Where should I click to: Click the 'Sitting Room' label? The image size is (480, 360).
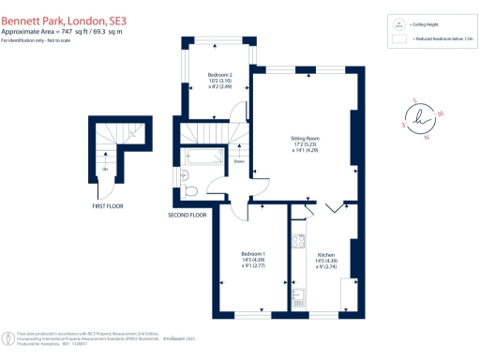pyautogui.click(x=305, y=138)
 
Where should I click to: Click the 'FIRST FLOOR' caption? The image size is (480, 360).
pyautogui.click(x=107, y=204)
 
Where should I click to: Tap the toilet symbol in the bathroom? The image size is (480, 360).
pyautogui.click(x=190, y=191)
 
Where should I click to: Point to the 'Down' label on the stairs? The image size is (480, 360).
pyautogui.click(x=240, y=161)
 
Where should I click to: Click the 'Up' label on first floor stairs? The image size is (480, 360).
pyautogui.click(x=104, y=169)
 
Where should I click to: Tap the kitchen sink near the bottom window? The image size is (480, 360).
pyautogui.click(x=297, y=297)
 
